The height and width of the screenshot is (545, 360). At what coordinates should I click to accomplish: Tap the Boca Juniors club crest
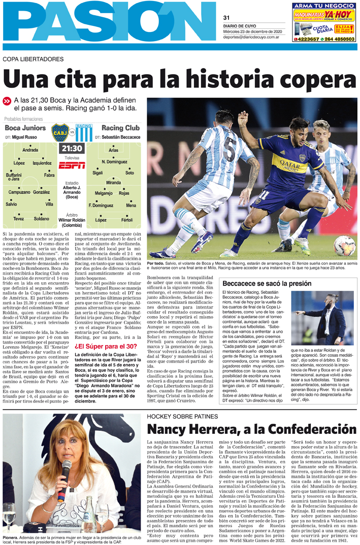(x=60, y=132)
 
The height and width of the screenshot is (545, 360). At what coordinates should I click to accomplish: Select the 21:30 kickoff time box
(x=72, y=149)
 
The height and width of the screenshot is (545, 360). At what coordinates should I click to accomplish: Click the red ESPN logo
(x=72, y=165)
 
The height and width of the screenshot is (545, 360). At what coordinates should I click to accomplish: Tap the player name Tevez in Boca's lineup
(x=18, y=219)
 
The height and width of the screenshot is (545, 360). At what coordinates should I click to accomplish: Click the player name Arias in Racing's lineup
(x=113, y=150)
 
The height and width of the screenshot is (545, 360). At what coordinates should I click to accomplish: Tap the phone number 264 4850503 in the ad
(x=339, y=39)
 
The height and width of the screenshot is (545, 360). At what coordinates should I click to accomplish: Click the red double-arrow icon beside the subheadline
(x=7, y=101)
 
